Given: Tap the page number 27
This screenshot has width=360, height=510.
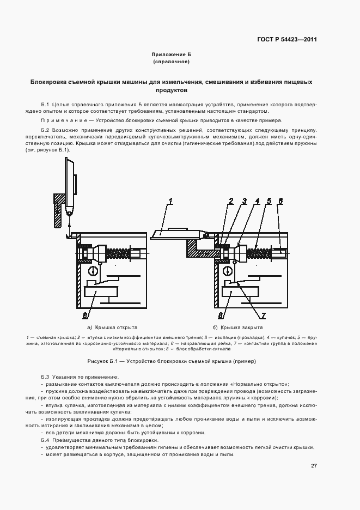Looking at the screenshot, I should pos(314,466).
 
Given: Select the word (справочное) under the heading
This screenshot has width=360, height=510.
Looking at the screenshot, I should pos(171,62).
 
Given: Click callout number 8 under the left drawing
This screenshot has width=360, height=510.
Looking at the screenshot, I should pos(86,315).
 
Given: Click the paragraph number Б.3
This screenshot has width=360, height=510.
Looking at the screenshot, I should pos(45,377).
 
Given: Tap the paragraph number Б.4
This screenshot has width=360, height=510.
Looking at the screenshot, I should pos(45,439).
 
